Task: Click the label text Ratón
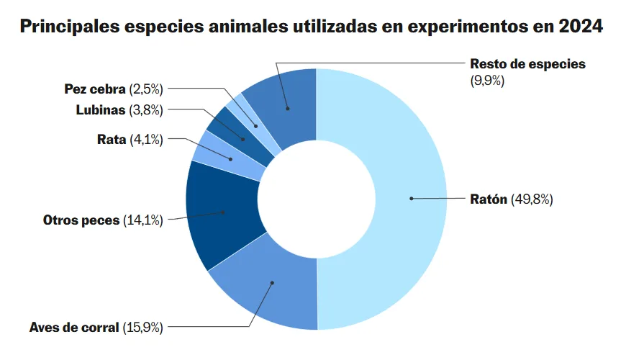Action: point(489,199)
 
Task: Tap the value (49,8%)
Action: point(532,199)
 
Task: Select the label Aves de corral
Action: point(74,327)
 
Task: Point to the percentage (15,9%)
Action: point(142,327)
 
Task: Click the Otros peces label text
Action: point(81,220)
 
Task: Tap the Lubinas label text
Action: point(101,110)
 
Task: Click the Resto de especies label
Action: point(527,63)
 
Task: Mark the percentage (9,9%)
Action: point(487,81)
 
